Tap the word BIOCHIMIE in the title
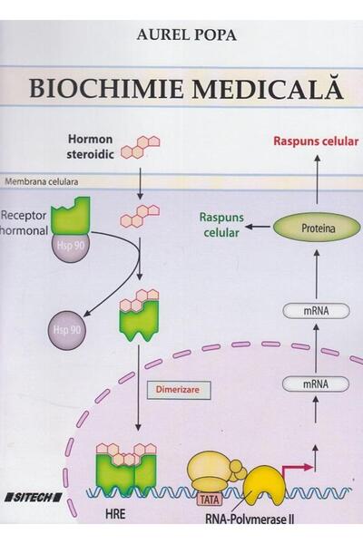point(103,91)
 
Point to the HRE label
point(108,523)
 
